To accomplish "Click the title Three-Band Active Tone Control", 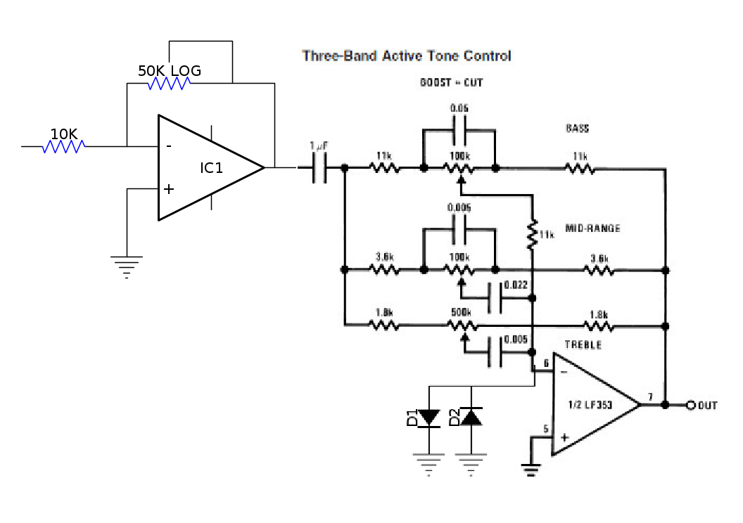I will coord(407,56).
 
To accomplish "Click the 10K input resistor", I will coord(64,146).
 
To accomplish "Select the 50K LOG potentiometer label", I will coord(169,71).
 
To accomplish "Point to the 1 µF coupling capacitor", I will coord(319,169).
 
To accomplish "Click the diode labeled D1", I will coord(428,417).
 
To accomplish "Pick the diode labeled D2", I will coord(471,417).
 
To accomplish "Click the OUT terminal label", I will coord(707,406).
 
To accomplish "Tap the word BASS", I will coord(577,129).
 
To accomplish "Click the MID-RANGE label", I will coord(592,228).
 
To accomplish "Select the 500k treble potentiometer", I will coord(461,325).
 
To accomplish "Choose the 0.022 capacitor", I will coord(501,298).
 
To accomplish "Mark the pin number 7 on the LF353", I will coord(650,398).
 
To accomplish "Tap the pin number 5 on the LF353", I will coord(545,429).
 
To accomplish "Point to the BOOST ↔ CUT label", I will coord(452,83).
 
